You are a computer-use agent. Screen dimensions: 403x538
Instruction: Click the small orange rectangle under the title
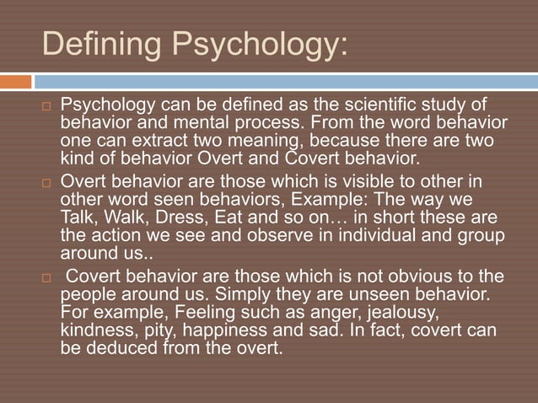pyautogui.click(x=15, y=82)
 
